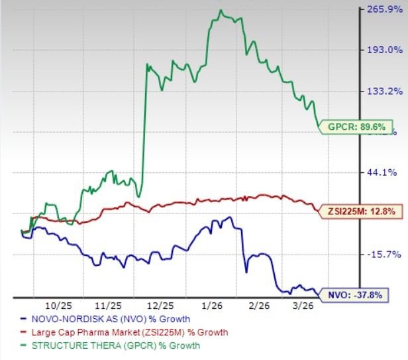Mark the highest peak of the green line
tap(221, 10)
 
